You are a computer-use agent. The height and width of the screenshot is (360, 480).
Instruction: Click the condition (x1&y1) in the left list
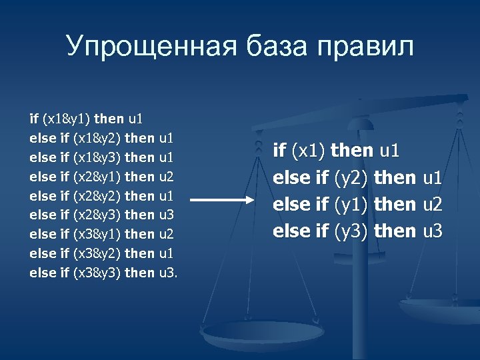tap(67, 119)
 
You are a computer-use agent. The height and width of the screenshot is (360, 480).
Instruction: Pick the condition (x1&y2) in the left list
tap(97, 138)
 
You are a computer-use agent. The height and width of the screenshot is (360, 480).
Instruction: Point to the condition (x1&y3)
tap(97, 157)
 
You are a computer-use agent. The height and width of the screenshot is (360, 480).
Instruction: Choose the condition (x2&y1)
tap(97, 177)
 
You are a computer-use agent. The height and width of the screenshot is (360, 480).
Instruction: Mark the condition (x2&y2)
tap(97, 195)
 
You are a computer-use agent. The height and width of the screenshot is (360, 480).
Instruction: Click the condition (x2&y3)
tap(97, 215)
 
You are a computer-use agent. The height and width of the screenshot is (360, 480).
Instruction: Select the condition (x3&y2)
tap(97, 253)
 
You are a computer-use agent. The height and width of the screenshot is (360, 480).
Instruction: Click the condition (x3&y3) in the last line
tap(97, 272)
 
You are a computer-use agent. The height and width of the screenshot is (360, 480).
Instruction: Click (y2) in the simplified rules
tap(353, 178)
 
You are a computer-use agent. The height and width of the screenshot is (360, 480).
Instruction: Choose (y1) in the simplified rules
tap(353, 204)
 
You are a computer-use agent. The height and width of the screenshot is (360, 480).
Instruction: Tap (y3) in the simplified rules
tap(353, 231)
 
